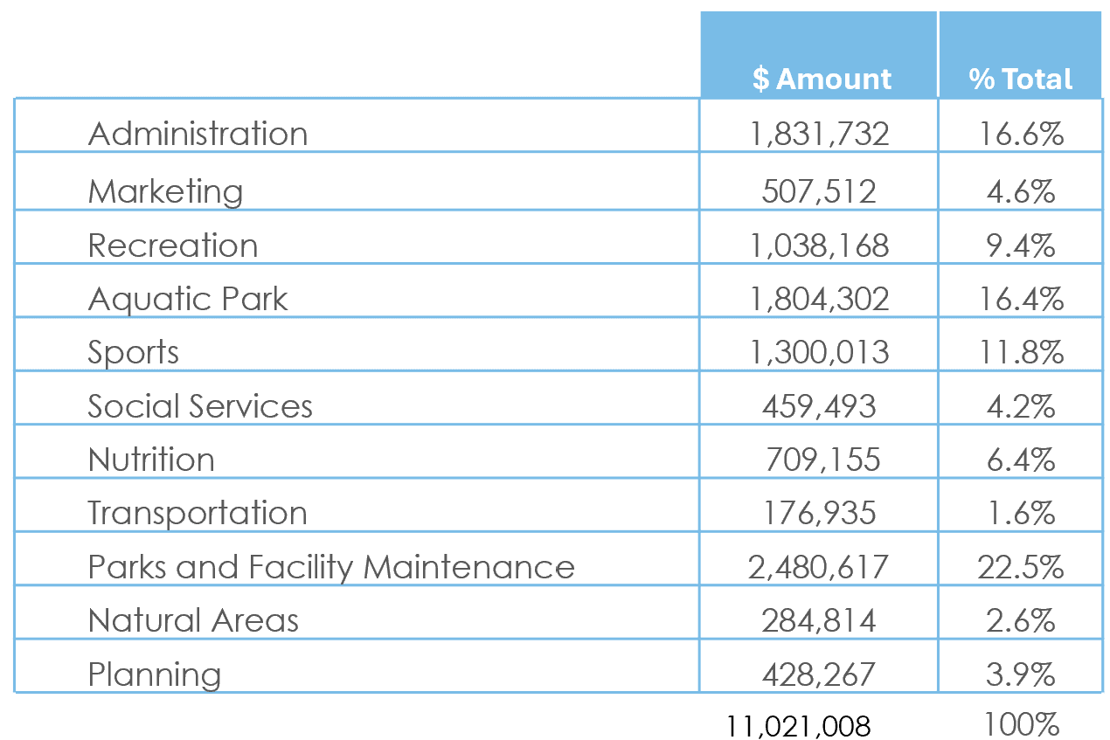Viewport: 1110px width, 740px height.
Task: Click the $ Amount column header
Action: click(821, 79)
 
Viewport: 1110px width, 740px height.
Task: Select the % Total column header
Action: click(1020, 79)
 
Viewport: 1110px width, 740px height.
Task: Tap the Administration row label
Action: click(198, 134)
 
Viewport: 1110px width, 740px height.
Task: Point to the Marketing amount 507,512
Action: click(819, 190)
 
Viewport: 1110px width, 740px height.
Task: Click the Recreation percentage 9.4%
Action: click(1020, 245)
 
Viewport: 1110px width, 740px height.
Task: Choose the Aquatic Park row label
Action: click(188, 299)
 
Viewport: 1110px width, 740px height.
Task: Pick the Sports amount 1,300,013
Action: click(819, 352)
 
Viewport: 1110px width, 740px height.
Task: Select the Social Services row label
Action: click(200, 406)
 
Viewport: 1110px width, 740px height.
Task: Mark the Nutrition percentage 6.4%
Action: click(1020, 460)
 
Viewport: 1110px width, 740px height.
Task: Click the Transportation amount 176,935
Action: click(819, 513)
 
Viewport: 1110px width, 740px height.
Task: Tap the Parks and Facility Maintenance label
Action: click(331, 567)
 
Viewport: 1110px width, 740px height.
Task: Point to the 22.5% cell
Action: click(1020, 567)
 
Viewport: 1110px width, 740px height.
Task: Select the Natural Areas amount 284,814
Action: click(819, 620)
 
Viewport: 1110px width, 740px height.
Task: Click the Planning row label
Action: click(155, 674)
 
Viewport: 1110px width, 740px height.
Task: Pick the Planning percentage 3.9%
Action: click(1020, 674)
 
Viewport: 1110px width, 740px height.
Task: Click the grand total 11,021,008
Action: click(798, 726)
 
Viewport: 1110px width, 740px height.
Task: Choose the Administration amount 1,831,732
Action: click(819, 134)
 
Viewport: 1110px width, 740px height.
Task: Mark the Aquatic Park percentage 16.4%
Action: click(1020, 299)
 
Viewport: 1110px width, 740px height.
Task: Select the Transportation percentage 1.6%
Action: click(1020, 513)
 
